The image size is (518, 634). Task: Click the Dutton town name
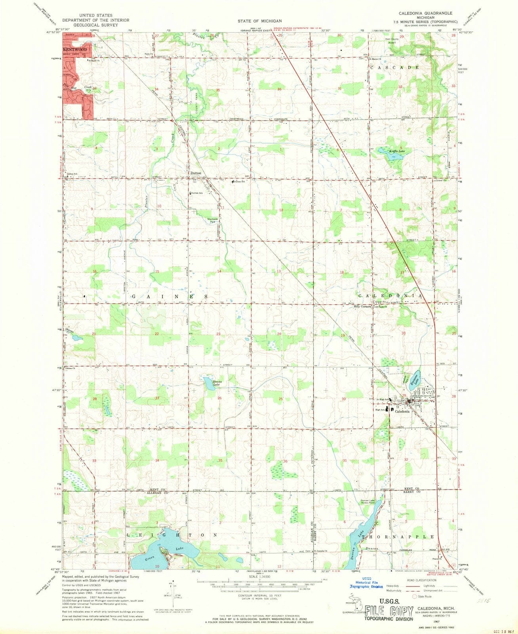[x=196, y=174]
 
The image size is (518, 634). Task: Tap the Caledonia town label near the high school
[x=402, y=412]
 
